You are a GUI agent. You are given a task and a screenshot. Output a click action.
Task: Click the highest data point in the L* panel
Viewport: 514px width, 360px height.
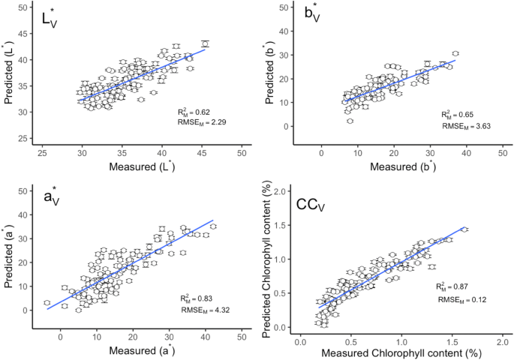point(205,43)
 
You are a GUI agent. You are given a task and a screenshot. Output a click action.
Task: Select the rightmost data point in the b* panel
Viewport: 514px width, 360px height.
point(455,53)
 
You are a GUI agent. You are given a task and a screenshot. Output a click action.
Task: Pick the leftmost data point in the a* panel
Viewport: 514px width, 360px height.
point(47,303)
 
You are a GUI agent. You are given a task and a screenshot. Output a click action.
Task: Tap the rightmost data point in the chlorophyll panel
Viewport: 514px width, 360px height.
point(464,229)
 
